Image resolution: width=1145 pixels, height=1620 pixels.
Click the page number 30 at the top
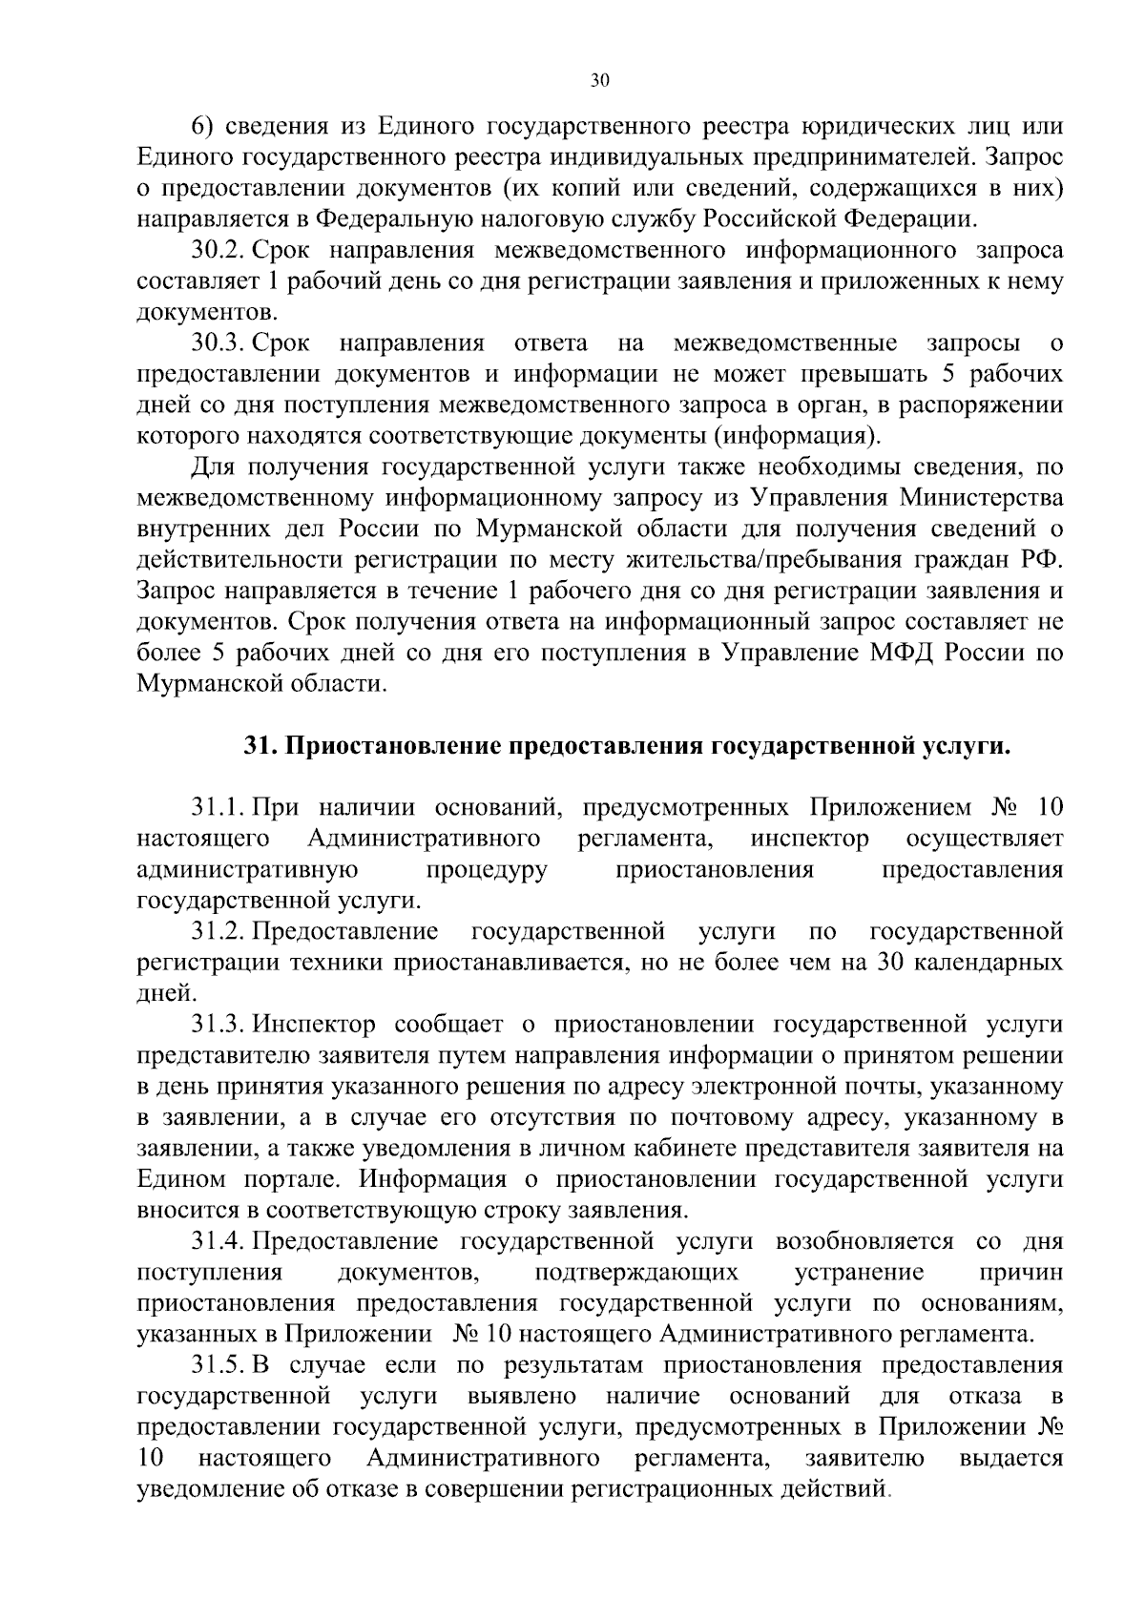tap(598, 81)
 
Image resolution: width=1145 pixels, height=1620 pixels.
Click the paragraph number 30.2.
tap(219, 251)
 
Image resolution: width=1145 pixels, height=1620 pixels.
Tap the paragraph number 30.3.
tap(219, 343)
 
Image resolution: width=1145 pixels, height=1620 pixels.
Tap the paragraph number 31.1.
tap(219, 808)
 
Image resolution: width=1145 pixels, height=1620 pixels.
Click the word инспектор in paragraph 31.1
tap(810, 839)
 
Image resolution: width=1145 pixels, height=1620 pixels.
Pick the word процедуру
tap(487, 869)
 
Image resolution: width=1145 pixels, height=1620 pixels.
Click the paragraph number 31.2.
tap(219, 930)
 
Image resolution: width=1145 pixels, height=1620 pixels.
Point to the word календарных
tap(989, 962)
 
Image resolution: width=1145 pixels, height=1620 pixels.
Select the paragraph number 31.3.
tap(219, 1024)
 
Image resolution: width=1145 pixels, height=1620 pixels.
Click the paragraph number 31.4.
tap(219, 1241)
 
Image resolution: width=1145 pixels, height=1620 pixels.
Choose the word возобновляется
tap(864, 1241)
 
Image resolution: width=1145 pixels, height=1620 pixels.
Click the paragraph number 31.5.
tap(219, 1365)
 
